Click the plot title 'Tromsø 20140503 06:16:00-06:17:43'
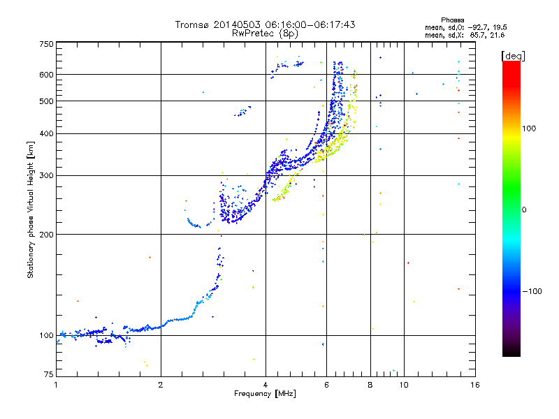pos(265,24)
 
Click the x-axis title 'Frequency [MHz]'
pos(265,395)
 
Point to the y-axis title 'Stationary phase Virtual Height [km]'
pos(31,209)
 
